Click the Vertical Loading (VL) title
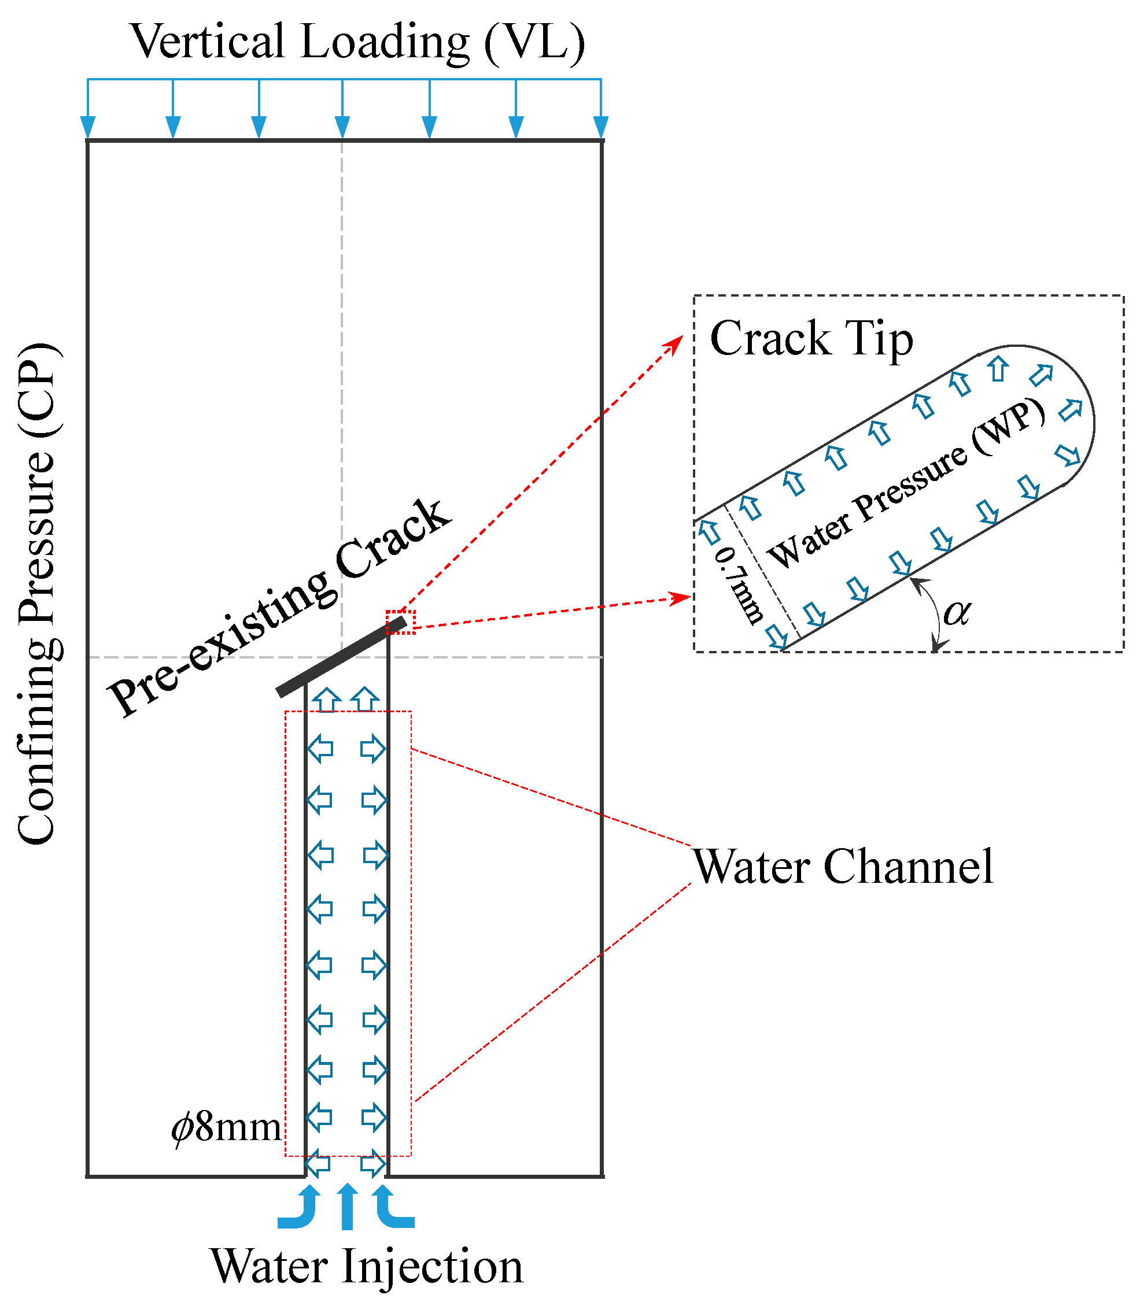click(x=357, y=42)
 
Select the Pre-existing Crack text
click(x=280, y=607)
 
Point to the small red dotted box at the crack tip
click(x=400, y=622)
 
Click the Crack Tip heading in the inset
click(x=811, y=338)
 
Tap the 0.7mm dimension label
click(x=738, y=585)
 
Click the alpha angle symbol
click(x=956, y=612)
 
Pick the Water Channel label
click(x=843, y=867)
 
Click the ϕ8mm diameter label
click(x=226, y=1127)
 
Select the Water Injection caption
click(x=367, y=1266)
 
